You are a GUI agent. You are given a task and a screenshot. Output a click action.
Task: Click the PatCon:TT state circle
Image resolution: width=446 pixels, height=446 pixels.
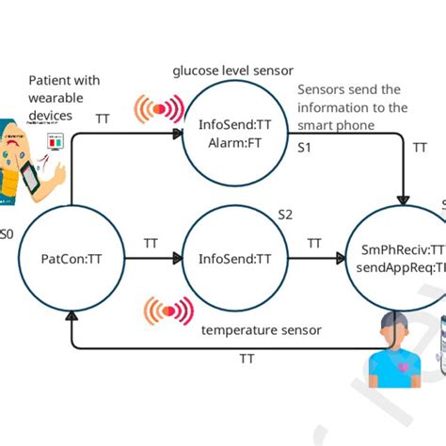[65, 259]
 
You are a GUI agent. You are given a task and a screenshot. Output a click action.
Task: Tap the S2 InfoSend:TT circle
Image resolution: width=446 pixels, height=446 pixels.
[233, 259]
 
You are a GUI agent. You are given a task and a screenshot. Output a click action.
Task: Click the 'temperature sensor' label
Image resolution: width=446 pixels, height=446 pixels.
[262, 329]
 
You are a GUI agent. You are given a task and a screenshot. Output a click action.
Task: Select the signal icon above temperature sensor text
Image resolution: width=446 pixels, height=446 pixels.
[168, 311]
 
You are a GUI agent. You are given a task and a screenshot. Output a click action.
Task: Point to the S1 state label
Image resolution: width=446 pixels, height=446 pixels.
[306, 149]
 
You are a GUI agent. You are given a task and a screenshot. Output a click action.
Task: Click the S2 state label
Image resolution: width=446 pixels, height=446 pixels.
[285, 215]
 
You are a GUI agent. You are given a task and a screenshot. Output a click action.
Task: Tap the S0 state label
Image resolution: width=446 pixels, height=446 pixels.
[6, 233]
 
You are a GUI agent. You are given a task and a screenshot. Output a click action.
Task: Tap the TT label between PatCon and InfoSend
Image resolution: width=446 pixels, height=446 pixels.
[151, 243]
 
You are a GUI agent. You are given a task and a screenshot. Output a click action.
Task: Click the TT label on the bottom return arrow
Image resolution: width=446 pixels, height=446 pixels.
[247, 358]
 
